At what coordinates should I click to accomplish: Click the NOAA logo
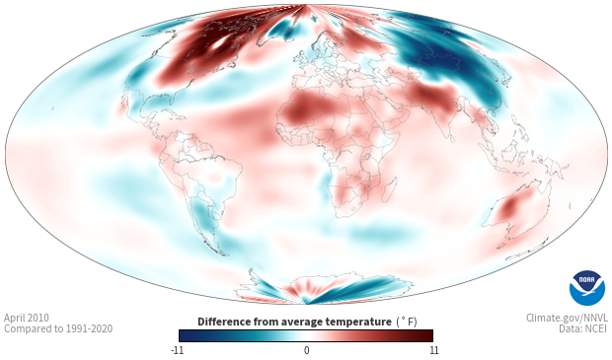[587, 288]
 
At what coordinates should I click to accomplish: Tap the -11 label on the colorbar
[177, 350]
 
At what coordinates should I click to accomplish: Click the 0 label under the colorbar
[306, 350]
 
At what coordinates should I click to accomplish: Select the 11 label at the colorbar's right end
[434, 350]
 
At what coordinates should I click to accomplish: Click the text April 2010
[27, 318]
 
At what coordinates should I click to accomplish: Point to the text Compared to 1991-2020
[58, 328]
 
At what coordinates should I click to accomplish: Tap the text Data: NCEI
[583, 328]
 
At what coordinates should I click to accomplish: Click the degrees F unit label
[407, 322]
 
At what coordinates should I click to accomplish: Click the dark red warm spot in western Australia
[509, 207]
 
